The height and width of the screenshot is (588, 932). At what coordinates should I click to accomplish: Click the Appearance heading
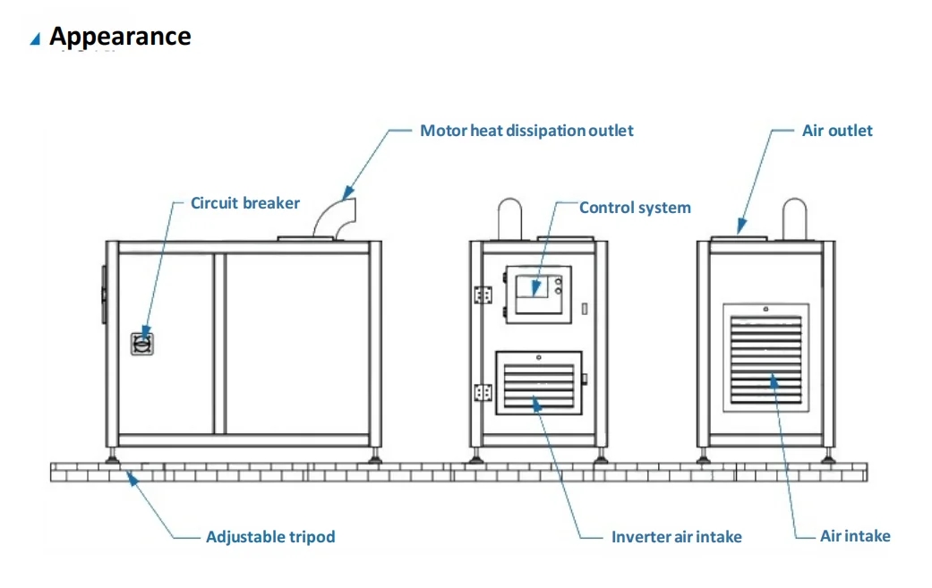point(120,37)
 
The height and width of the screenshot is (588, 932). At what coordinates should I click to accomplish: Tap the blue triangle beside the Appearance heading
point(35,38)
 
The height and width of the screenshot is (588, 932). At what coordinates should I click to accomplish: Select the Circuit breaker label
point(245,203)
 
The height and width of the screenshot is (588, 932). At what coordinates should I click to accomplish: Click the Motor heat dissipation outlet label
point(526,131)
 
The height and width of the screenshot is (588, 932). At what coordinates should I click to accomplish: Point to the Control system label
point(635,208)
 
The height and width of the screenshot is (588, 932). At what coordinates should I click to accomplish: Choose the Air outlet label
point(837,131)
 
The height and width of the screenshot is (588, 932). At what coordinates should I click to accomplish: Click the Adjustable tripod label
point(270,537)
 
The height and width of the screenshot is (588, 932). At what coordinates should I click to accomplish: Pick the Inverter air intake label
point(676,537)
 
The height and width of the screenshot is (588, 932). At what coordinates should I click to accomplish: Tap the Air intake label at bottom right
point(855,536)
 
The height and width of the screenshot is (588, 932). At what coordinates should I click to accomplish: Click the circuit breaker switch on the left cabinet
point(141,342)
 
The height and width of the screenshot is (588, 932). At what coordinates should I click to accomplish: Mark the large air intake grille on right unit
point(765,357)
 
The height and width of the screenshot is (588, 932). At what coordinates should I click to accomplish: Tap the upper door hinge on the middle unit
point(483,295)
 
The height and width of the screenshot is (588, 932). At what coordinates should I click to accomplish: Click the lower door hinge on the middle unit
point(483,392)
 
